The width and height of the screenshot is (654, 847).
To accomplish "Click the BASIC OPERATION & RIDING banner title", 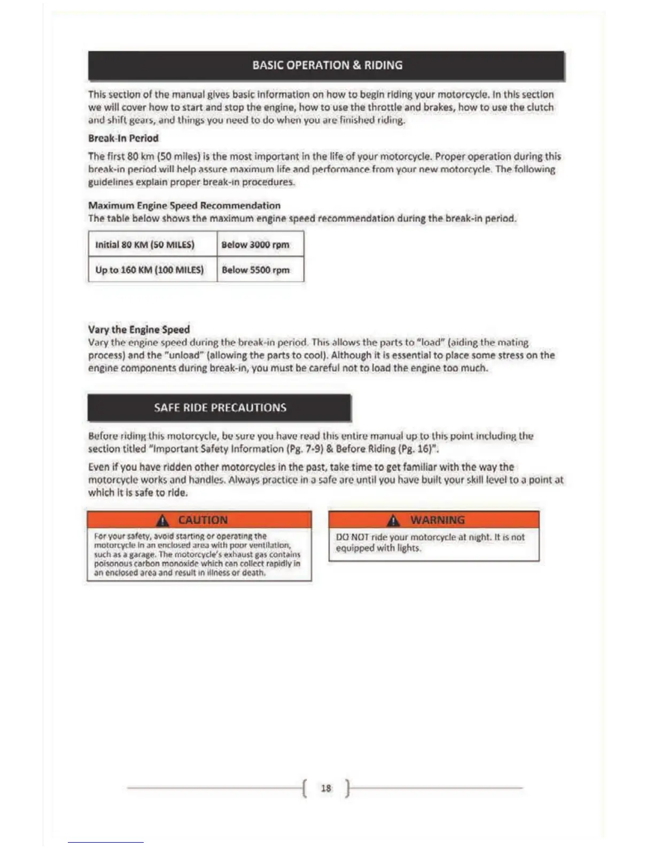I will pos(327,65).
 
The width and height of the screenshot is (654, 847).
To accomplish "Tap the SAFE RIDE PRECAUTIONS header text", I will pos(220,407).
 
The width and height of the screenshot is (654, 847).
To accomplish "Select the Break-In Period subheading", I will pos(123,138).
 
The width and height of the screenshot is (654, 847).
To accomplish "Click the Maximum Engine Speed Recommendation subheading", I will pos(184,205).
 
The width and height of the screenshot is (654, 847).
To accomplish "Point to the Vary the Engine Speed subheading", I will pos(139,329).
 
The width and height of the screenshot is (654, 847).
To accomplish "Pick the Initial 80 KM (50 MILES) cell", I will pos(145,245).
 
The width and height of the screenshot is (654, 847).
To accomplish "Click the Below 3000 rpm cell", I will pos(255,245).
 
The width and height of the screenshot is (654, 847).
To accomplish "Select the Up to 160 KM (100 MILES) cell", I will pos(150,269).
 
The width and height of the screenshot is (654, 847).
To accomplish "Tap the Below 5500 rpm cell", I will pos(255,269).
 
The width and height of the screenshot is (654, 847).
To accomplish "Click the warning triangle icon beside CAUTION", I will pos(163,520).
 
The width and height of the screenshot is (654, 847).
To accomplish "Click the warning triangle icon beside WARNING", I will pos(393,520).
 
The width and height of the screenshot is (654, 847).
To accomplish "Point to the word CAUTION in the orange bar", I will pos(203,520).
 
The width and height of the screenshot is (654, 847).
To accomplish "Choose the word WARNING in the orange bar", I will pos(438,520).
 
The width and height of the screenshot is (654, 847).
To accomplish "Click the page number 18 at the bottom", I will pos(326,788).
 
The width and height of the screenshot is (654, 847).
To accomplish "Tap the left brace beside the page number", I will pos(305,788).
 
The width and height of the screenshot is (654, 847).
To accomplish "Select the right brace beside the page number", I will pos(347,788).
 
